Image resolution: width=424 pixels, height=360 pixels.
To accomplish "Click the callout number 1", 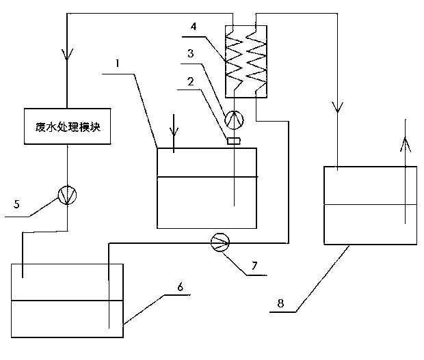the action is (x=118, y=64).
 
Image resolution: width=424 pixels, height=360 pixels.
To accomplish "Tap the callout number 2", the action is (x=191, y=81).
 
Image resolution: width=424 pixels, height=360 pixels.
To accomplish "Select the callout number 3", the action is (x=191, y=54).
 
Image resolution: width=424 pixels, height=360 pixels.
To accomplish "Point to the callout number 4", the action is (x=194, y=27).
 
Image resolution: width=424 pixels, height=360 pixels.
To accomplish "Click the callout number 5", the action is (x=17, y=204).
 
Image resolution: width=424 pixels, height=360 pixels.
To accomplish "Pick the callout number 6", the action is (x=181, y=286).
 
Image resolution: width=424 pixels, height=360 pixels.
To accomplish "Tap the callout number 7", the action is (x=254, y=266).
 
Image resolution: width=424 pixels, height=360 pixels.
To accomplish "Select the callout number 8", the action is (x=280, y=303).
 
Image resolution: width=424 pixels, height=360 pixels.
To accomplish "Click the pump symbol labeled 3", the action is (x=234, y=120).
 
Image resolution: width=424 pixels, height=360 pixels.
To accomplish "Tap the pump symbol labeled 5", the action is (x=67, y=195).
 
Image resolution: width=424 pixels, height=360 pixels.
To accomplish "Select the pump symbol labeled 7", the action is (x=220, y=243).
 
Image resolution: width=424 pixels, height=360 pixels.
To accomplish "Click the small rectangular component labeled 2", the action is (x=234, y=141).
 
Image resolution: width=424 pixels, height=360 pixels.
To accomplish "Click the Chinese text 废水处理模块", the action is (x=68, y=127).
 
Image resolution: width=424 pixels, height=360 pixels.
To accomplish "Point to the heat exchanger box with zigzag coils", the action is (x=246, y=61).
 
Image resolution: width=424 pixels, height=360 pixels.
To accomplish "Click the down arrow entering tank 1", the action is (x=174, y=133).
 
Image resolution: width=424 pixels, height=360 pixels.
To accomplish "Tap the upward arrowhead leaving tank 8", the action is (x=405, y=144).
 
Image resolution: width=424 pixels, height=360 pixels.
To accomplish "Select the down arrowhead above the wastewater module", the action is (x=67, y=54).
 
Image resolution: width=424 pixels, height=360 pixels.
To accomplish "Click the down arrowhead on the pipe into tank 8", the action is (x=337, y=107).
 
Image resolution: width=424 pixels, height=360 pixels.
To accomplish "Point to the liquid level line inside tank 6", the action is (x=67, y=301).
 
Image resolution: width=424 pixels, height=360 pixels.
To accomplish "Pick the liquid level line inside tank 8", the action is (x=371, y=204).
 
